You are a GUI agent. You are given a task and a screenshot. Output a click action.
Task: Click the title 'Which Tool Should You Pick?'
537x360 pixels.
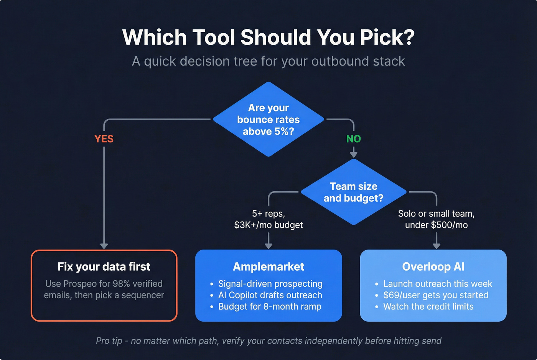pyautogui.click(x=268, y=37)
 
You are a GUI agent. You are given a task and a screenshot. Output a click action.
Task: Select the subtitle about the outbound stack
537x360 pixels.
pyautogui.click(x=268, y=61)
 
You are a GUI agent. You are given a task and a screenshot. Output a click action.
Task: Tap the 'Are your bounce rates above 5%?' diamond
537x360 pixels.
pyautogui.click(x=268, y=120)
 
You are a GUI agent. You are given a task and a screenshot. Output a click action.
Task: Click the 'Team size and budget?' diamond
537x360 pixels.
pyautogui.click(x=353, y=192)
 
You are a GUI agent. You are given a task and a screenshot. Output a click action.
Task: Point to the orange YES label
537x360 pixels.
pyautogui.click(x=104, y=139)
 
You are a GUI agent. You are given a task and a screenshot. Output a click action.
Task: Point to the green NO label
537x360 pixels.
pyautogui.click(x=353, y=139)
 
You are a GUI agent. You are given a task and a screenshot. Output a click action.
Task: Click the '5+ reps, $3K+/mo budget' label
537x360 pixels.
pyautogui.click(x=268, y=219)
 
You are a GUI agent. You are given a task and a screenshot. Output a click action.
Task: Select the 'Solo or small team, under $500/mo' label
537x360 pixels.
pyautogui.click(x=436, y=219)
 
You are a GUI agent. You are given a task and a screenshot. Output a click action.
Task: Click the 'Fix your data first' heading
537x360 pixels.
pyautogui.click(x=104, y=266)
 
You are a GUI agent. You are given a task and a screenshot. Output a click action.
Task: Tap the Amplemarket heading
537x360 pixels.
pyautogui.click(x=268, y=266)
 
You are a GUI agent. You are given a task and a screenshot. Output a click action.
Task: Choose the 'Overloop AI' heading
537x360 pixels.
pyautogui.click(x=433, y=266)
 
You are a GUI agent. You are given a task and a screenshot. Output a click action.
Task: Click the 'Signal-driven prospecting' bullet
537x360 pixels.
pyautogui.click(x=270, y=284)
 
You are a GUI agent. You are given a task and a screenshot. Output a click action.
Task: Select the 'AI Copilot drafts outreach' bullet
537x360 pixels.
pyautogui.click(x=270, y=295)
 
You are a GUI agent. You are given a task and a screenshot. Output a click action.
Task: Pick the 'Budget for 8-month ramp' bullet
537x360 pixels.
pyautogui.click(x=270, y=307)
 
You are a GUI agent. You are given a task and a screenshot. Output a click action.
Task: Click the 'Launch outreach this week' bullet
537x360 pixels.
pyautogui.click(x=437, y=284)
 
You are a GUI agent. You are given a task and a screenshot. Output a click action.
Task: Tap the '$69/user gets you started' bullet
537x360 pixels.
pyautogui.click(x=436, y=295)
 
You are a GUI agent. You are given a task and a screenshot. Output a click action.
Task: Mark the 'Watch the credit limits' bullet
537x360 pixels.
pyautogui.click(x=428, y=307)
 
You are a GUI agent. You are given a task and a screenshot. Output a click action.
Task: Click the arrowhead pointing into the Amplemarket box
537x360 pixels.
pyautogui.click(x=268, y=246)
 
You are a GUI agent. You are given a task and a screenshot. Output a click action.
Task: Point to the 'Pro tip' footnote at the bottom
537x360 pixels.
pyautogui.click(x=268, y=341)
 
